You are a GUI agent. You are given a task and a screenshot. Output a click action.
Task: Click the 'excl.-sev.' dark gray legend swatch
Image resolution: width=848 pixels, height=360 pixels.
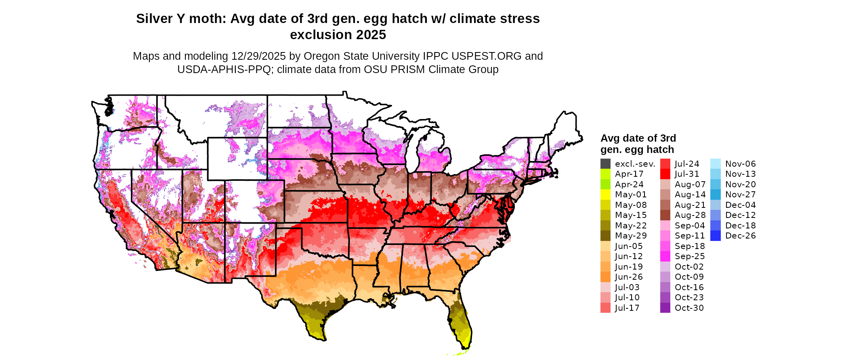click(x=605, y=164)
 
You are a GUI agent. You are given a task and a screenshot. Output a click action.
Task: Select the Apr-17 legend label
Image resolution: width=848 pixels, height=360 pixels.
click(x=629, y=174)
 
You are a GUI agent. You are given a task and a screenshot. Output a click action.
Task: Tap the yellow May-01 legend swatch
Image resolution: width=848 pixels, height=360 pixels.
click(x=605, y=195)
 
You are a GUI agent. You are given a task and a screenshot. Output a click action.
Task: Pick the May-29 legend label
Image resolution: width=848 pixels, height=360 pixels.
click(x=630, y=236)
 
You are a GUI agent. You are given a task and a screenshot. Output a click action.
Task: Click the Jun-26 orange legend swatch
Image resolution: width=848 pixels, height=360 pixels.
click(x=605, y=277)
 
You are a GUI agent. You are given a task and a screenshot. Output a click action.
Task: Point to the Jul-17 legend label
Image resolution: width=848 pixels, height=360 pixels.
click(x=627, y=308)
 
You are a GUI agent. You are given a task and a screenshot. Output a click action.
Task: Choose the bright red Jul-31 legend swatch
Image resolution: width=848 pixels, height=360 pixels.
click(x=665, y=174)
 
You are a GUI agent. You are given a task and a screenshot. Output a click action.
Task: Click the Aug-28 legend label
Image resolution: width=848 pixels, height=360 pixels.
click(x=690, y=215)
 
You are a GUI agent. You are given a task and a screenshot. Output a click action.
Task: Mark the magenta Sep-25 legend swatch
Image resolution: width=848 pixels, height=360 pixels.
click(x=665, y=256)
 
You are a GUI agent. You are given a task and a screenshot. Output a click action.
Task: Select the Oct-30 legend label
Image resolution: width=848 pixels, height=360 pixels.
click(x=689, y=308)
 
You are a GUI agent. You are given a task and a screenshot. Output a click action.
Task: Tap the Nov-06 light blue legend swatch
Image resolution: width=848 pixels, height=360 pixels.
click(x=715, y=164)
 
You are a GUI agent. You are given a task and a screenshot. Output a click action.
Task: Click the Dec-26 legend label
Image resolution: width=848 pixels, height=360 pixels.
click(x=740, y=236)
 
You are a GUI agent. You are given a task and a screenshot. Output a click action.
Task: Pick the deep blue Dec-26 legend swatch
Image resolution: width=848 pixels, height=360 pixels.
click(x=715, y=236)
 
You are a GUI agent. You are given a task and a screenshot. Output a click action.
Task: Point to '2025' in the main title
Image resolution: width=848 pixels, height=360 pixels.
click(x=369, y=35)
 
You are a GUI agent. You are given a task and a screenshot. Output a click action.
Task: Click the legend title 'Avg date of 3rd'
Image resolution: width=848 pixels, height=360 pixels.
click(x=638, y=138)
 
